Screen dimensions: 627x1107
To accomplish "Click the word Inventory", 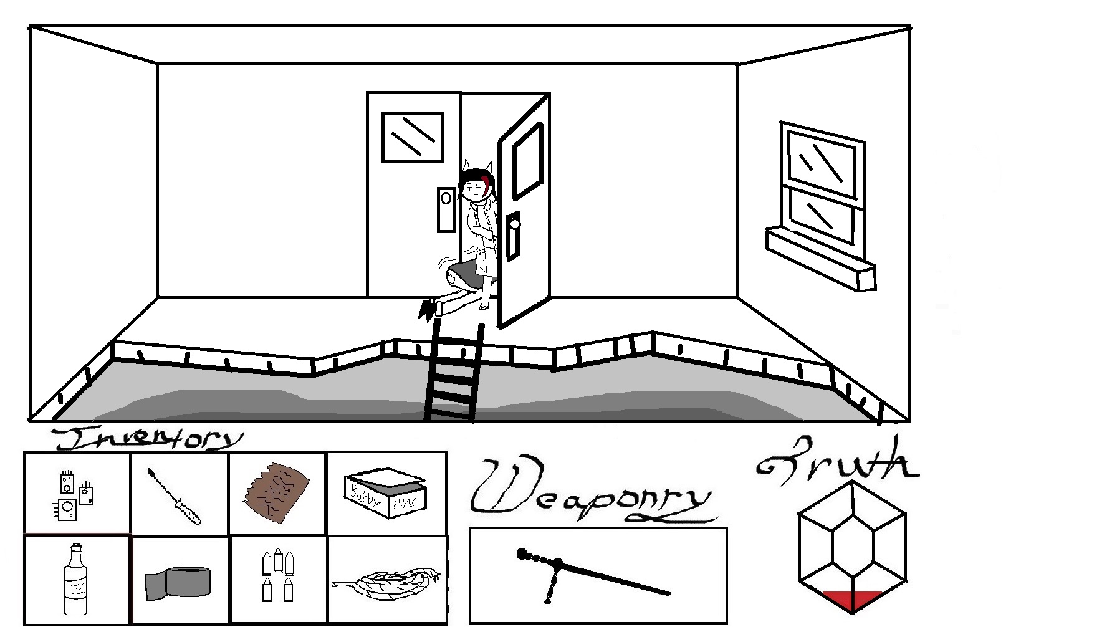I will (x=148, y=438).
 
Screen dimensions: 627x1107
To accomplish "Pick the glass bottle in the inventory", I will (x=75, y=580).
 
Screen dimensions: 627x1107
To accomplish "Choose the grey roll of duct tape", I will (x=178, y=583).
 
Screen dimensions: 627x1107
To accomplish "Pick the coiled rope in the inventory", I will (x=388, y=583).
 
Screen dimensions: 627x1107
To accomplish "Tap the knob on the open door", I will (x=515, y=224).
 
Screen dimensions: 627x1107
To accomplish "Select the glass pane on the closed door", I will (x=413, y=137).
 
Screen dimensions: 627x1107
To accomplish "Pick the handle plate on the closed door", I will (x=446, y=209).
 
